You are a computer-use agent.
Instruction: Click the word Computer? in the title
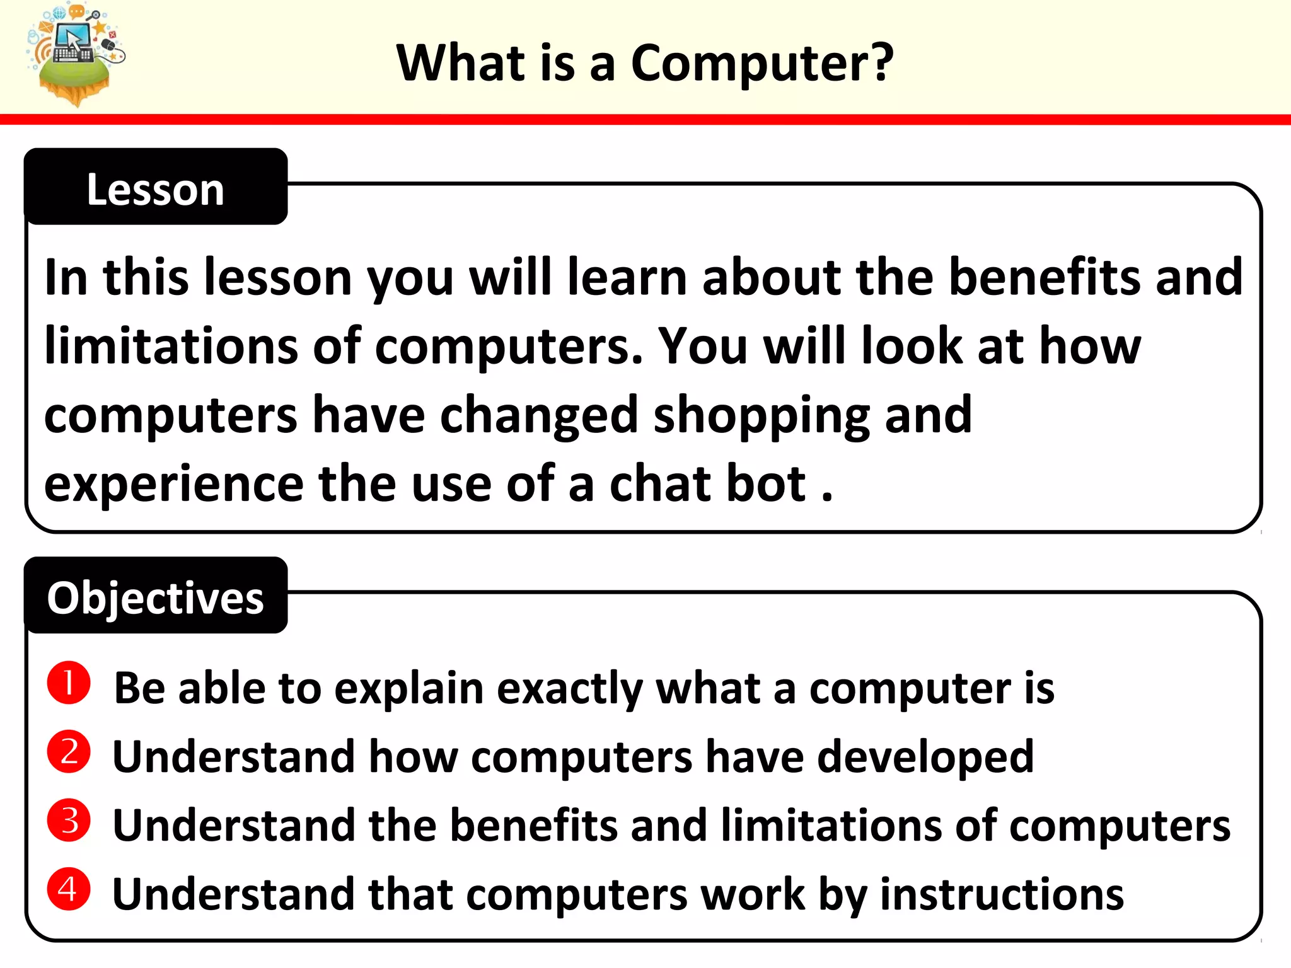pos(761,64)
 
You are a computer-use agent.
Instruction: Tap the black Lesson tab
pos(156,188)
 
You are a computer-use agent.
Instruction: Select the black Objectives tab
pos(156,597)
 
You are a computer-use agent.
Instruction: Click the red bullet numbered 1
pos(69,683)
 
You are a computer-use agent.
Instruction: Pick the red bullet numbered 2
pos(69,751)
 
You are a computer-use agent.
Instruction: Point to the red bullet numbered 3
pos(69,820)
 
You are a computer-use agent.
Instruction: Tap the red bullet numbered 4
pos(69,889)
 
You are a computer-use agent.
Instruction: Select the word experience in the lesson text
pos(174,485)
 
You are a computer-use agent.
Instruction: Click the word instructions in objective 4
pos(1002,894)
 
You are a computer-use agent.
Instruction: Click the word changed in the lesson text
pos(539,416)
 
